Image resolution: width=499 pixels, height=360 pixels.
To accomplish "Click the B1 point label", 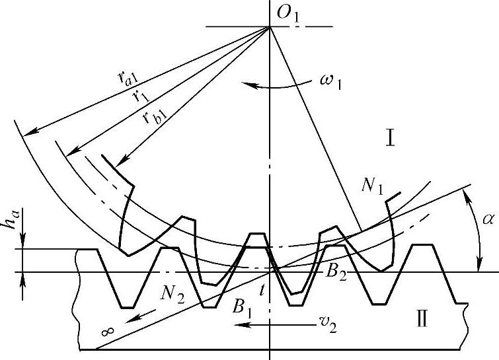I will coord(241,306).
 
